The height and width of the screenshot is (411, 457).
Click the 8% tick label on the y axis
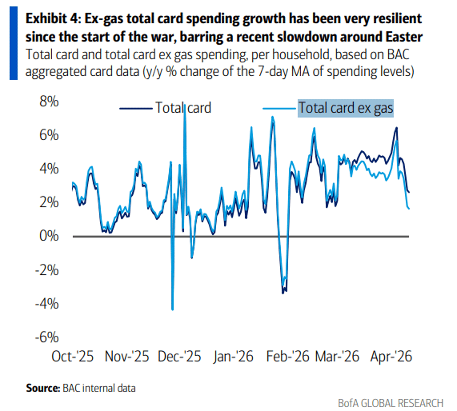click(x=50, y=102)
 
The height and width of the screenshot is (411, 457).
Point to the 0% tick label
click(x=50, y=236)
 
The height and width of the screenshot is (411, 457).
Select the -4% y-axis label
click(x=47, y=303)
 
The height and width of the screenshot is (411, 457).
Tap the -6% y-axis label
click(x=47, y=337)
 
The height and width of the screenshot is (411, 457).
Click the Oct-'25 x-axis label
click(x=72, y=356)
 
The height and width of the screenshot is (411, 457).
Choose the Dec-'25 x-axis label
click(x=179, y=356)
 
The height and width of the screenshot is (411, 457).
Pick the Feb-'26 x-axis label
click(x=288, y=356)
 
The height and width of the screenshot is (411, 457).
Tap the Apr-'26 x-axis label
click(x=391, y=356)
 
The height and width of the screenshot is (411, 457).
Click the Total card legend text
click(x=183, y=108)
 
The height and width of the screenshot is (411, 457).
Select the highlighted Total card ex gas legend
click(x=345, y=108)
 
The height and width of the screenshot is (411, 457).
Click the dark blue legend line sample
click(x=136, y=108)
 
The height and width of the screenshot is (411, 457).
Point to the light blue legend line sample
click(x=279, y=108)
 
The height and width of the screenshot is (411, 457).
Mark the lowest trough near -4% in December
click(x=173, y=309)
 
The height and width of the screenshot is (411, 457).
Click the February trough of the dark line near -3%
click(x=283, y=293)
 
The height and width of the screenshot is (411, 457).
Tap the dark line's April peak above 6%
click(x=397, y=127)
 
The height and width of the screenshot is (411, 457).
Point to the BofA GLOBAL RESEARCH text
click(x=390, y=403)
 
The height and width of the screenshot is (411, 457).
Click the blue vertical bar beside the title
click(x=13, y=43)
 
